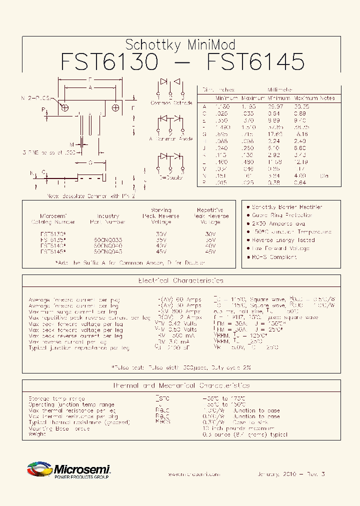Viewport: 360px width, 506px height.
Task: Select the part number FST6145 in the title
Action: click(x=255, y=62)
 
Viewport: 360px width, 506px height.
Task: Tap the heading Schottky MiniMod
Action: click(x=180, y=44)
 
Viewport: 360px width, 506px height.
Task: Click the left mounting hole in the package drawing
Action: click(x=64, y=107)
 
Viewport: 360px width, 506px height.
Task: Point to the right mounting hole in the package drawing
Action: click(x=115, y=107)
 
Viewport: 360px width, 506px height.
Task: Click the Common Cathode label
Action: click(x=171, y=102)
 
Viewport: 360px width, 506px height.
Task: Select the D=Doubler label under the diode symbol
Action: click(x=171, y=177)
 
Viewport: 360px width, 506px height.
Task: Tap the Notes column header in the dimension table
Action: click(x=327, y=98)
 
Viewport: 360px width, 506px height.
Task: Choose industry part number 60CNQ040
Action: click(x=108, y=245)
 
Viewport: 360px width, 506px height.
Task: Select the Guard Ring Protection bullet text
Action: click(x=282, y=215)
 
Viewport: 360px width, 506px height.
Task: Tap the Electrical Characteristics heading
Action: click(x=181, y=281)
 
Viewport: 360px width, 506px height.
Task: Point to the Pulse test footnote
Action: click(x=181, y=367)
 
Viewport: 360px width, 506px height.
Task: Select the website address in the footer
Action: click(x=193, y=474)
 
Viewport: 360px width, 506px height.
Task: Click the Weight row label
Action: click(x=37, y=434)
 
